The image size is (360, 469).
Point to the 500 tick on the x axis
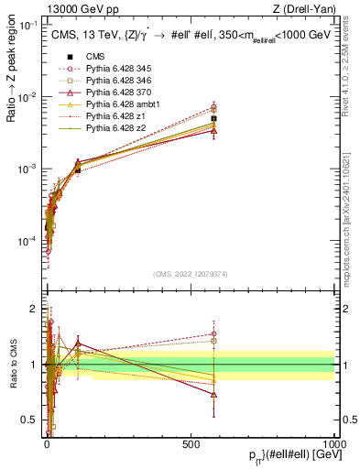[x=191, y=443]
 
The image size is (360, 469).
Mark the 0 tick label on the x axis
[x=47, y=443]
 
